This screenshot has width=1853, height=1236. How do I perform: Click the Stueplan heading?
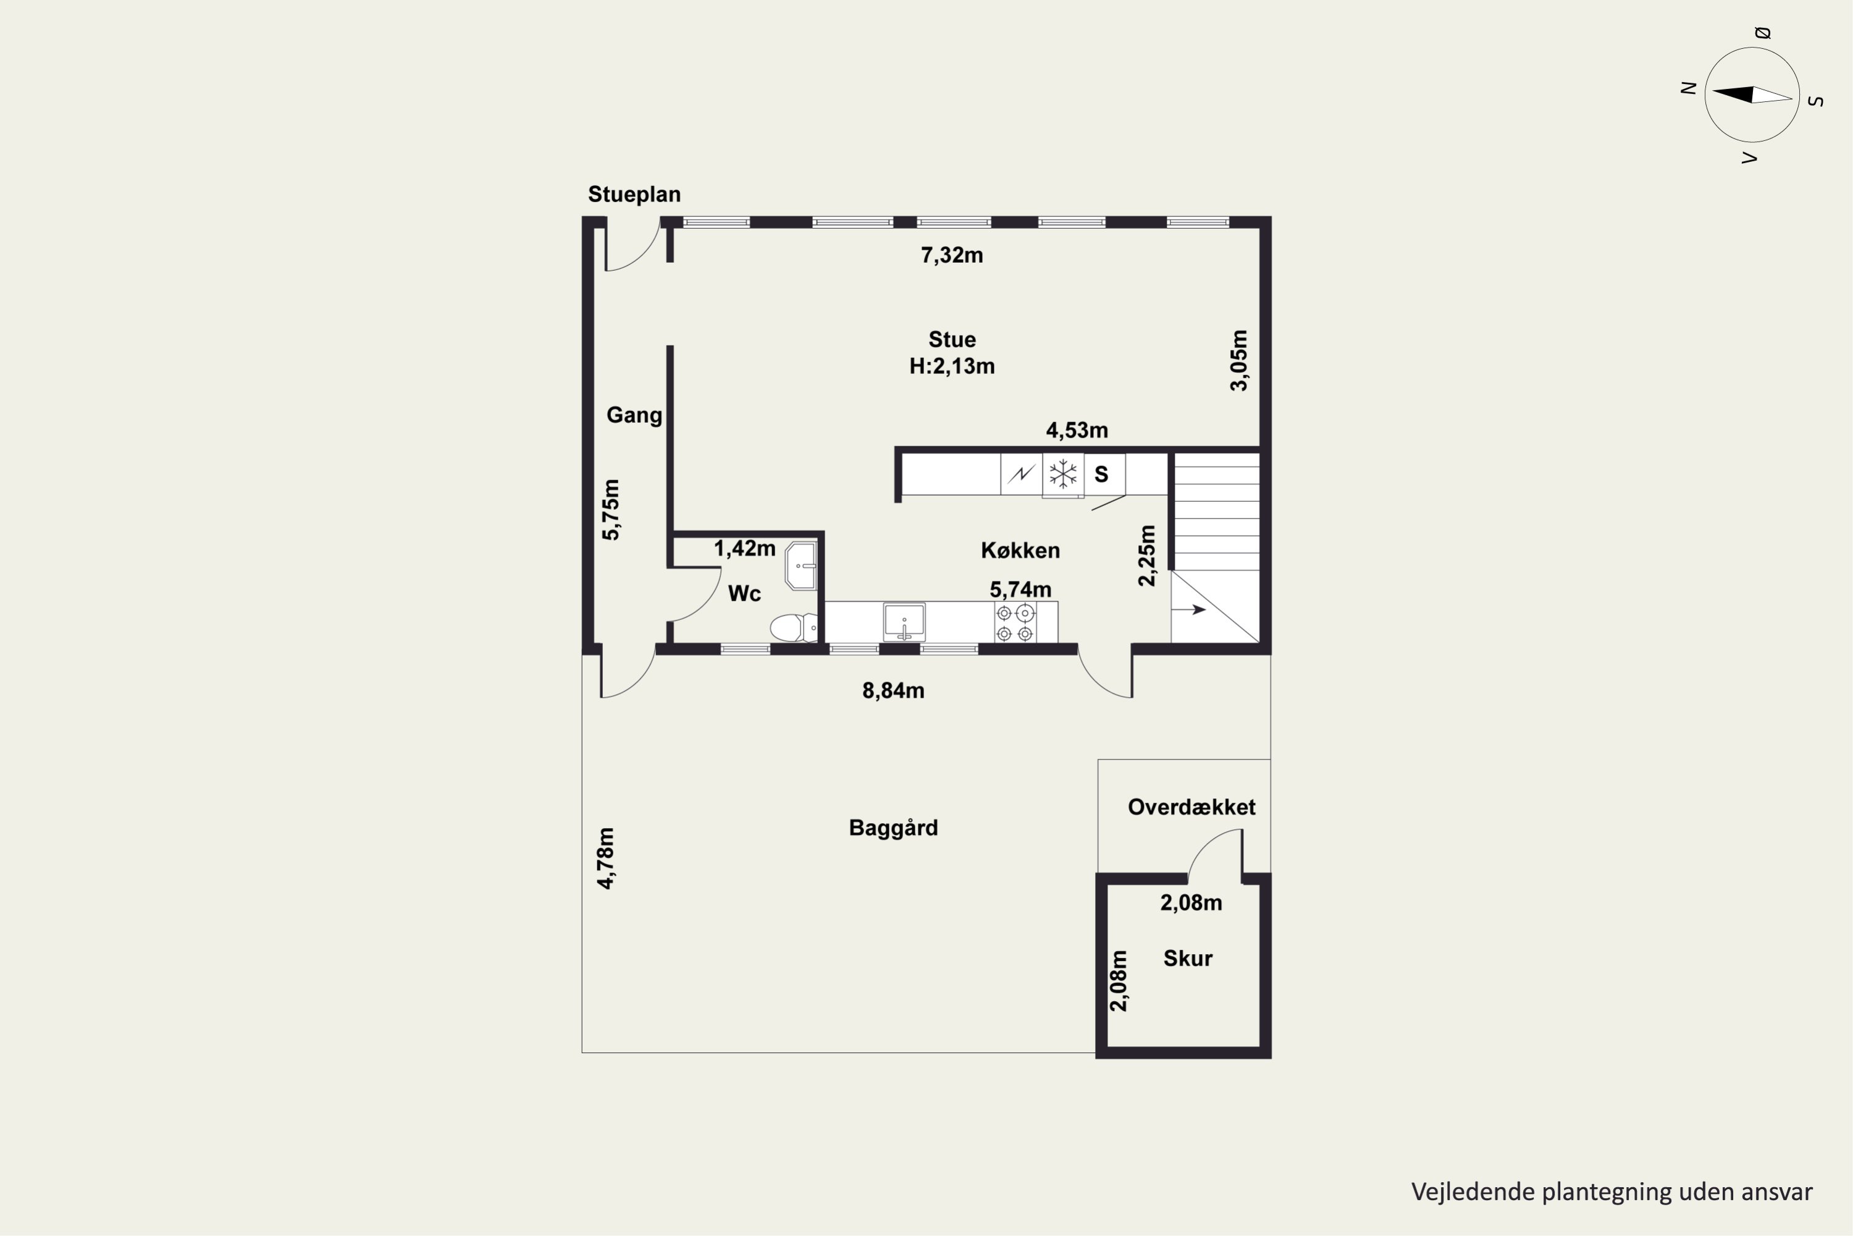click(634, 195)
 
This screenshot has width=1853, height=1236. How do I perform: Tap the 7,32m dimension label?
click(952, 255)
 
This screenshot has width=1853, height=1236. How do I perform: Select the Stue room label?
click(952, 340)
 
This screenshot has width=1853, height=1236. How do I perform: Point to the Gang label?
click(634, 415)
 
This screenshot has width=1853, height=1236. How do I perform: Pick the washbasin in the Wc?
click(801, 565)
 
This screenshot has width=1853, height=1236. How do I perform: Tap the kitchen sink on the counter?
click(904, 622)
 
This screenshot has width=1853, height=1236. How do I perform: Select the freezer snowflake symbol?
click(1063, 474)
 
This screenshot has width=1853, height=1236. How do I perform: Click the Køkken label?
click(1020, 550)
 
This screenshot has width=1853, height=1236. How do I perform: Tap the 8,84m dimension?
click(893, 690)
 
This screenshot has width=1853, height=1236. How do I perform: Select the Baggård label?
click(893, 828)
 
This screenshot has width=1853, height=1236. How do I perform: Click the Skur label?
click(1188, 959)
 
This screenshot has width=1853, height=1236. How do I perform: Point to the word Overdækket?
click(1192, 807)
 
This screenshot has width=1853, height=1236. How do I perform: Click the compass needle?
click(1752, 95)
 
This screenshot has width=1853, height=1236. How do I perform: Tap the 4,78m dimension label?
click(606, 858)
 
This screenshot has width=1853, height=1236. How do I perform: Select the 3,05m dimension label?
click(1239, 360)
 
